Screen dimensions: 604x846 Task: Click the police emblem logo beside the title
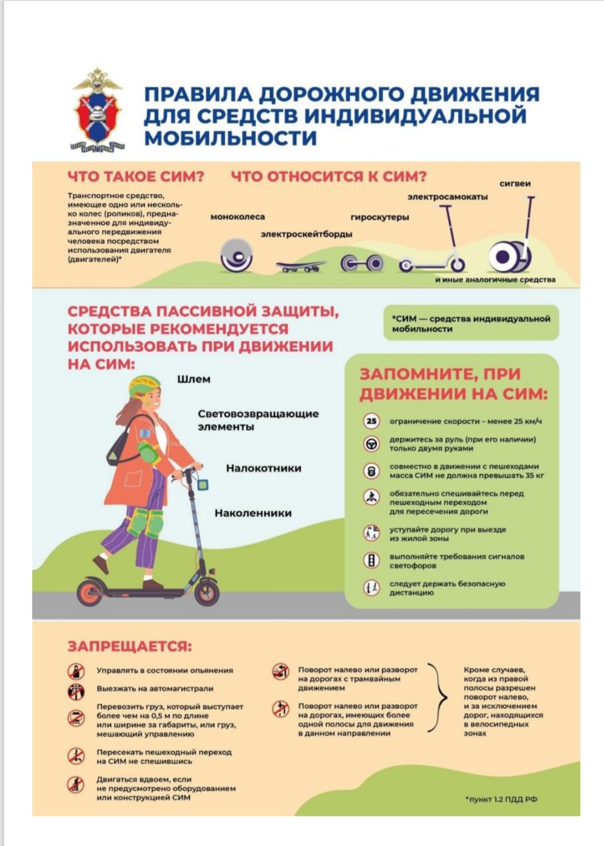[x=98, y=110]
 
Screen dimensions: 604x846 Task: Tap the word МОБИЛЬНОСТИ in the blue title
[x=230, y=137]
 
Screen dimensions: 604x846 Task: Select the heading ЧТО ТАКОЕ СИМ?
[x=136, y=176]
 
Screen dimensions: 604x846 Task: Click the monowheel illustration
[x=236, y=255]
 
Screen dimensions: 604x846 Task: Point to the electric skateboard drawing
[x=301, y=266]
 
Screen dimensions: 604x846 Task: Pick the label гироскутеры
[x=380, y=217]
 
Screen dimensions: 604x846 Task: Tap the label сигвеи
[x=515, y=184]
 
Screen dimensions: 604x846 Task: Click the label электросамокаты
[x=447, y=197]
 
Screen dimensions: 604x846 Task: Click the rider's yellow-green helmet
[x=144, y=386]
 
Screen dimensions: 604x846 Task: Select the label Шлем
[x=193, y=379]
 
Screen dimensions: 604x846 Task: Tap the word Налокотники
[x=264, y=468]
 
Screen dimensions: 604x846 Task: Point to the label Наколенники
[x=254, y=513]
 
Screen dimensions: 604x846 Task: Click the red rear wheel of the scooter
[x=90, y=592]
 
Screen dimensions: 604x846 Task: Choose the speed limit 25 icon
[x=371, y=421]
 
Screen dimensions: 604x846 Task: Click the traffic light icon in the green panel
[x=371, y=559]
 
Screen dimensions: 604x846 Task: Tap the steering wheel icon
[x=371, y=443]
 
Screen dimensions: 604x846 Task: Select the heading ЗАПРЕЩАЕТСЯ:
[x=130, y=647]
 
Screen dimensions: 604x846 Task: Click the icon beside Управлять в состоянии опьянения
[x=76, y=671]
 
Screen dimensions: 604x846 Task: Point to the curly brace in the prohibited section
[x=438, y=697]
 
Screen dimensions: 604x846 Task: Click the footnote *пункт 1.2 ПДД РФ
[x=501, y=799]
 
